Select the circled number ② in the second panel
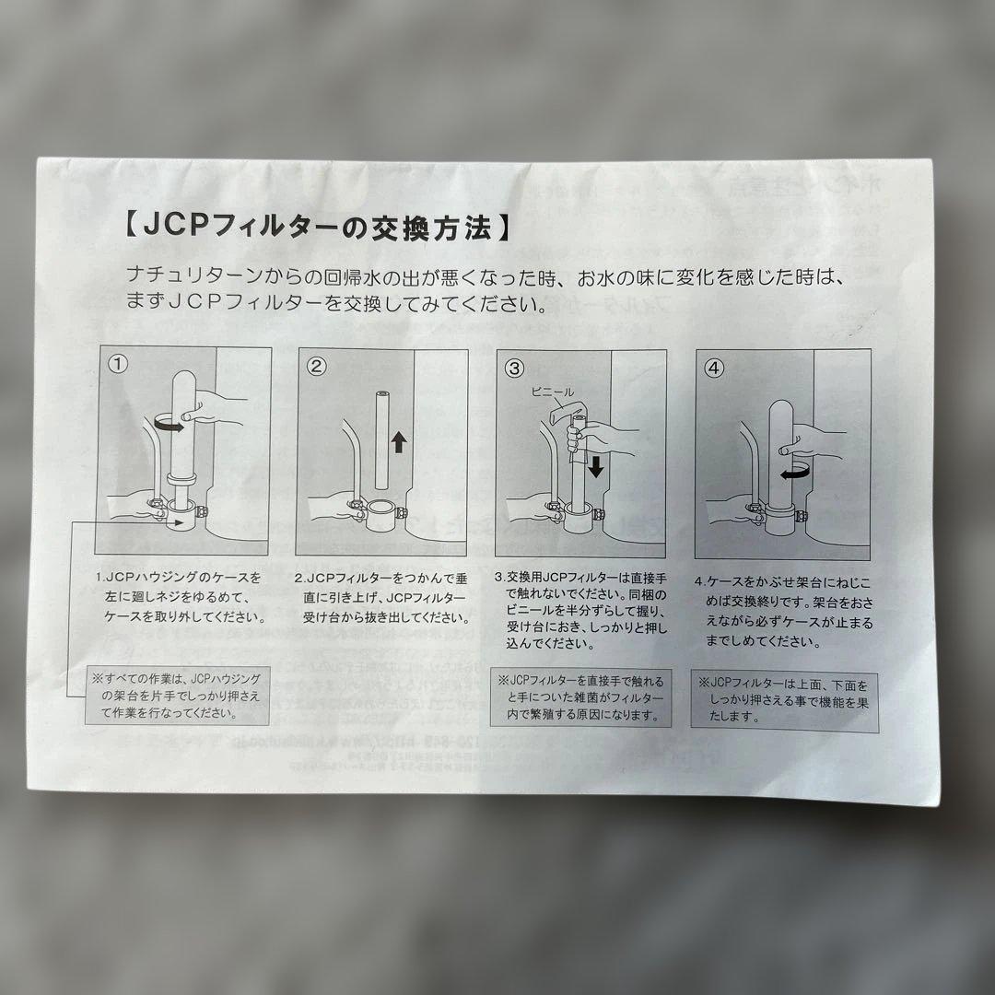(316, 367)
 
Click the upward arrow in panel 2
(398, 443)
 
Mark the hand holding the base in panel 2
(327, 507)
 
